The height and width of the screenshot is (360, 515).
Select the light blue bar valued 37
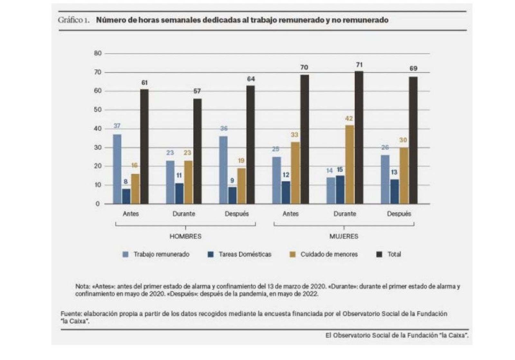point(117,169)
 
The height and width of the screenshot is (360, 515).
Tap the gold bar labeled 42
point(349,165)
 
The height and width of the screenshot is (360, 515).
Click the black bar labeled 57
point(197,151)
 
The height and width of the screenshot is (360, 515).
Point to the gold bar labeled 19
point(241,186)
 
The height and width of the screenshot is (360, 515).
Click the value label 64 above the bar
point(251,79)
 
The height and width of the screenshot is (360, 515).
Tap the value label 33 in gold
point(294,135)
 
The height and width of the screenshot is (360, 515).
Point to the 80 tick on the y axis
point(98,53)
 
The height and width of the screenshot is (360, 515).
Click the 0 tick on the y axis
point(98,204)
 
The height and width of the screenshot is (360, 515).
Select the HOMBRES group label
point(185,236)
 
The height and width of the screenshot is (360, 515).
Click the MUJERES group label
point(344,236)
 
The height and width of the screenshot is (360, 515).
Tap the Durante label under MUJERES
point(344,214)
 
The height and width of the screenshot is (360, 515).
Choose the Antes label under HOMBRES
point(131,214)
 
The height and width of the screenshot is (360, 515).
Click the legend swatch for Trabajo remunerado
point(126,254)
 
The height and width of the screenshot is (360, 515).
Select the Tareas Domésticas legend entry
point(245,254)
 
